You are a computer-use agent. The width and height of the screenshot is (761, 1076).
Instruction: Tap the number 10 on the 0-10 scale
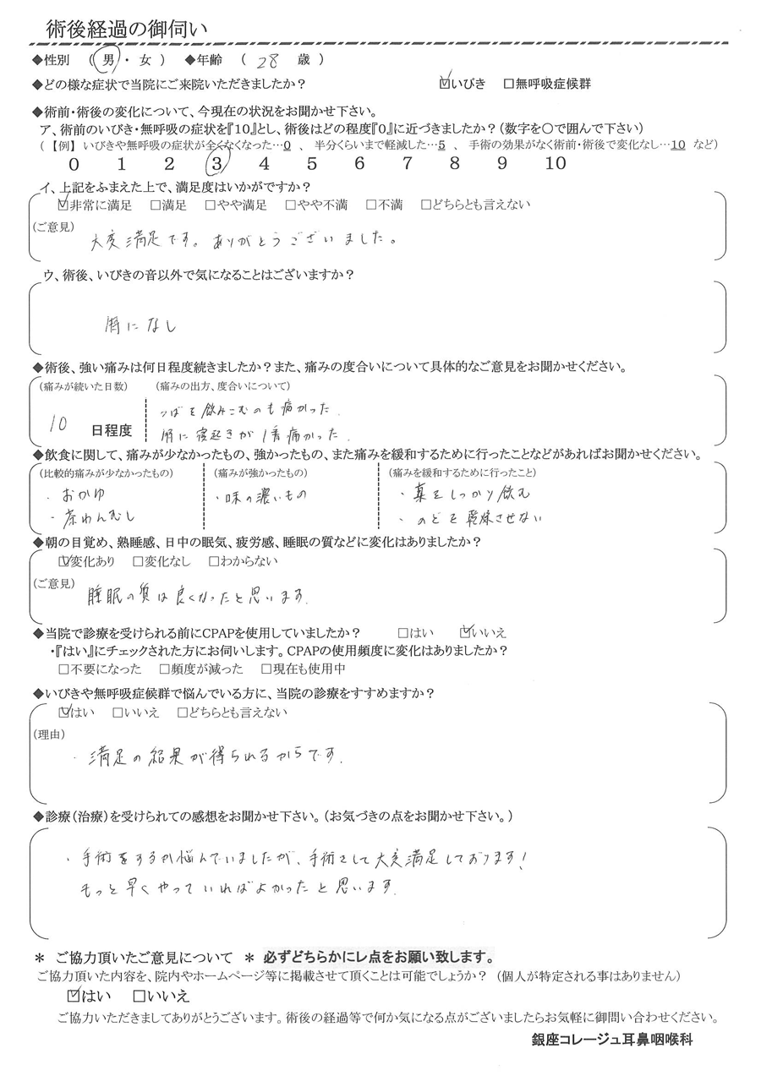(x=556, y=164)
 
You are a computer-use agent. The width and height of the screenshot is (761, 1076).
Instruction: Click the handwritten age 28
(x=263, y=62)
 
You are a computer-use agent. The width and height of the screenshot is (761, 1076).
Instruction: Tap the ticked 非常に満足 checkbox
(x=63, y=205)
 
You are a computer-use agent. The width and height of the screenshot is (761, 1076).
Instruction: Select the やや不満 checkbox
(x=290, y=205)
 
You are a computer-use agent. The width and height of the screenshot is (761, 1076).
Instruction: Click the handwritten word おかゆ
(x=93, y=490)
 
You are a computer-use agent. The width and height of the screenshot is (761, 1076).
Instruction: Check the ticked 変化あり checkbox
(x=63, y=560)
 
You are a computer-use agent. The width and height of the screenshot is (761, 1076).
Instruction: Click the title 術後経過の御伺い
(x=126, y=28)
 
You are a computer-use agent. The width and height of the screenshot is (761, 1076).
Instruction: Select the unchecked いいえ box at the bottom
(x=140, y=997)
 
